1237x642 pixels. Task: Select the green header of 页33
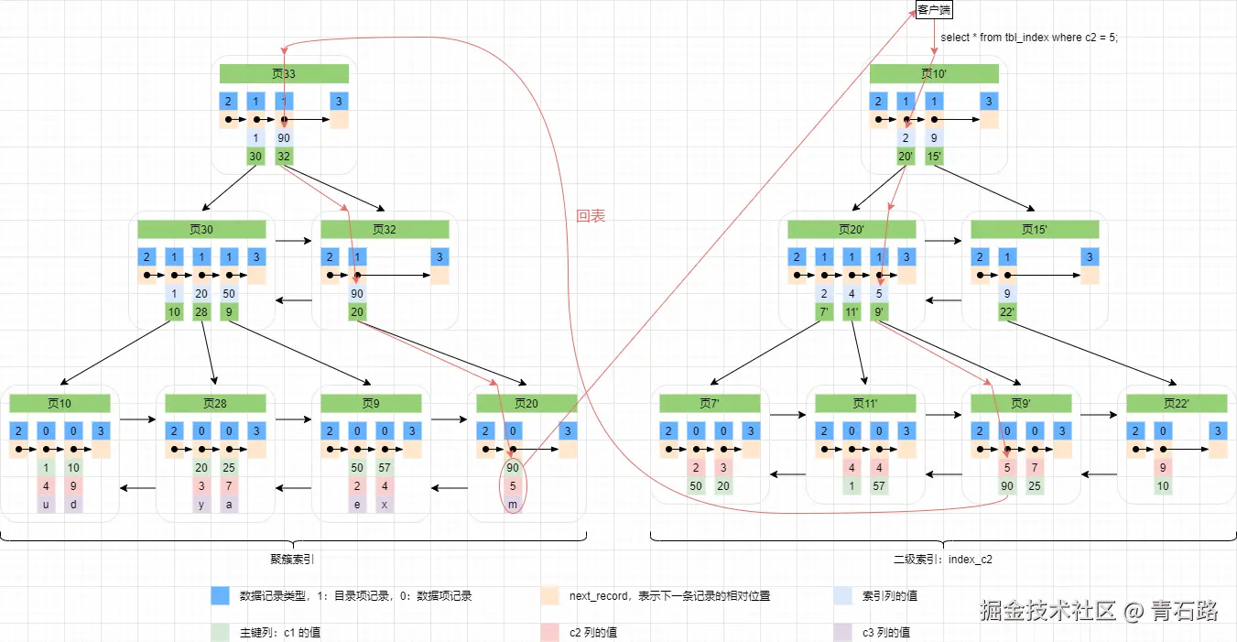pyautogui.click(x=284, y=73)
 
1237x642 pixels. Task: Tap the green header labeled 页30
pyautogui.click(x=201, y=229)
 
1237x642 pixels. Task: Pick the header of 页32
pyautogui.click(x=385, y=229)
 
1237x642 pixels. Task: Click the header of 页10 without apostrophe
pyautogui.click(x=60, y=403)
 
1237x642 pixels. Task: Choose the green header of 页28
pyautogui.click(x=215, y=403)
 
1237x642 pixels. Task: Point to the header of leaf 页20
pyautogui.click(x=526, y=403)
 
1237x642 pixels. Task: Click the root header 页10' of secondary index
pyautogui.click(x=934, y=73)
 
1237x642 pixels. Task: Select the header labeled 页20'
pyautogui.click(x=852, y=229)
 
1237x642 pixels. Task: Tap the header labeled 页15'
pyautogui.click(x=1035, y=229)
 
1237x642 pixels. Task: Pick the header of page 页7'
pyautogui.click(x=710, y=403)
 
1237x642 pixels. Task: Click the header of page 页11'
pyautogui.click(x=865, y=403)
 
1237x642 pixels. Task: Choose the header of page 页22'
pyautogui.click(x=1177, y=403)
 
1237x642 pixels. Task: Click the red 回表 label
pyautogui.click(x=591, y=217)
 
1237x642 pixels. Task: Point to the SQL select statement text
pyautogui.click(x=1029, y=38)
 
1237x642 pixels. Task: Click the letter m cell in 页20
pyautogui.click(x=513, y=505)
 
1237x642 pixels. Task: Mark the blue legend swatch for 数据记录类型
pyautogui.click(x=220, y=595)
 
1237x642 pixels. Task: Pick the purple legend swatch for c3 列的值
pyautogui.click(x=842, y=632)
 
